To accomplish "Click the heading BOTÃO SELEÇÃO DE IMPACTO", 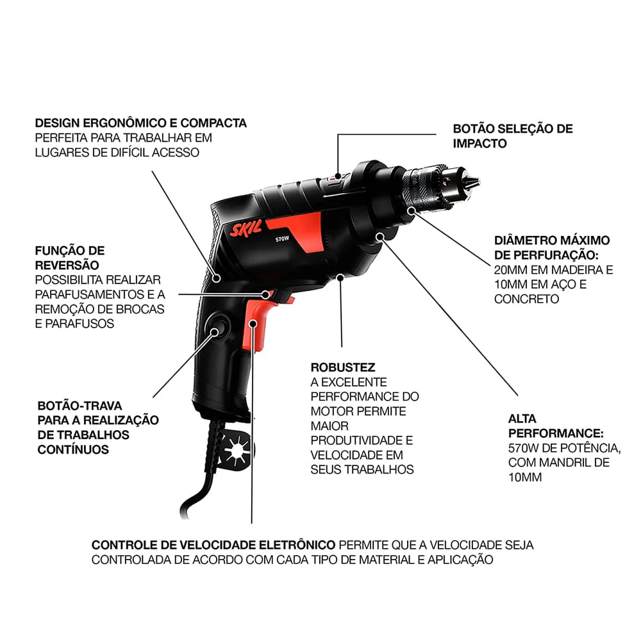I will (x=512, y=136).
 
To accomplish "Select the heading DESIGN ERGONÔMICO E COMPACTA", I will (x=140, y=122).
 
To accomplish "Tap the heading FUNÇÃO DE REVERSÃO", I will (x=69, y=258).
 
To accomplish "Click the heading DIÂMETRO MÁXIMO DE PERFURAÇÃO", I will (x=552, y=247).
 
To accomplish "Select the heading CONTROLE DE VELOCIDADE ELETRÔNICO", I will (x=213, y=545).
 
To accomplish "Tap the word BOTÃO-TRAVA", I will (x=79, y=406).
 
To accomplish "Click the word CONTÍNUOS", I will (x=73, y=449).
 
